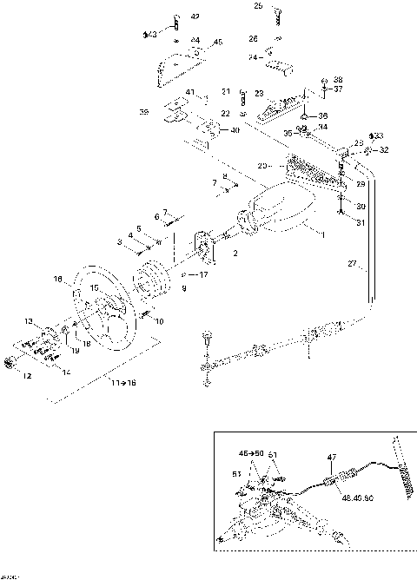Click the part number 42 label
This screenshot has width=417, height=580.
pyautogui.click(x=194, y=16)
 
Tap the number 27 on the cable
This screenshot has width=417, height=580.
pyautogui.click(x=352, y=263)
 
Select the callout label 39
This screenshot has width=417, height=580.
pyautogui.click(x=143, y=112)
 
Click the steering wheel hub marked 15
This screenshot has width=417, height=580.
pyautogui.click(x=96, y=288)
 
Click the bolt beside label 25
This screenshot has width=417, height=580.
pyautogui.click(x=281, y=12)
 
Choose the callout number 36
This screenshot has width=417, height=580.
pyautogui.click(x=322, y=115)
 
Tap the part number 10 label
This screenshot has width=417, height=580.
pyautogui.click(x=159, y=320)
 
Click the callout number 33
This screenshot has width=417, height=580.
pyautogui.click(x=376, y=136)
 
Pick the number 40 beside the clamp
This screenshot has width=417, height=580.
pyautogui.click(x=235, y=130)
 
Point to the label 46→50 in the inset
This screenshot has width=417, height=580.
pyautogui.click(x=252, y=453)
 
